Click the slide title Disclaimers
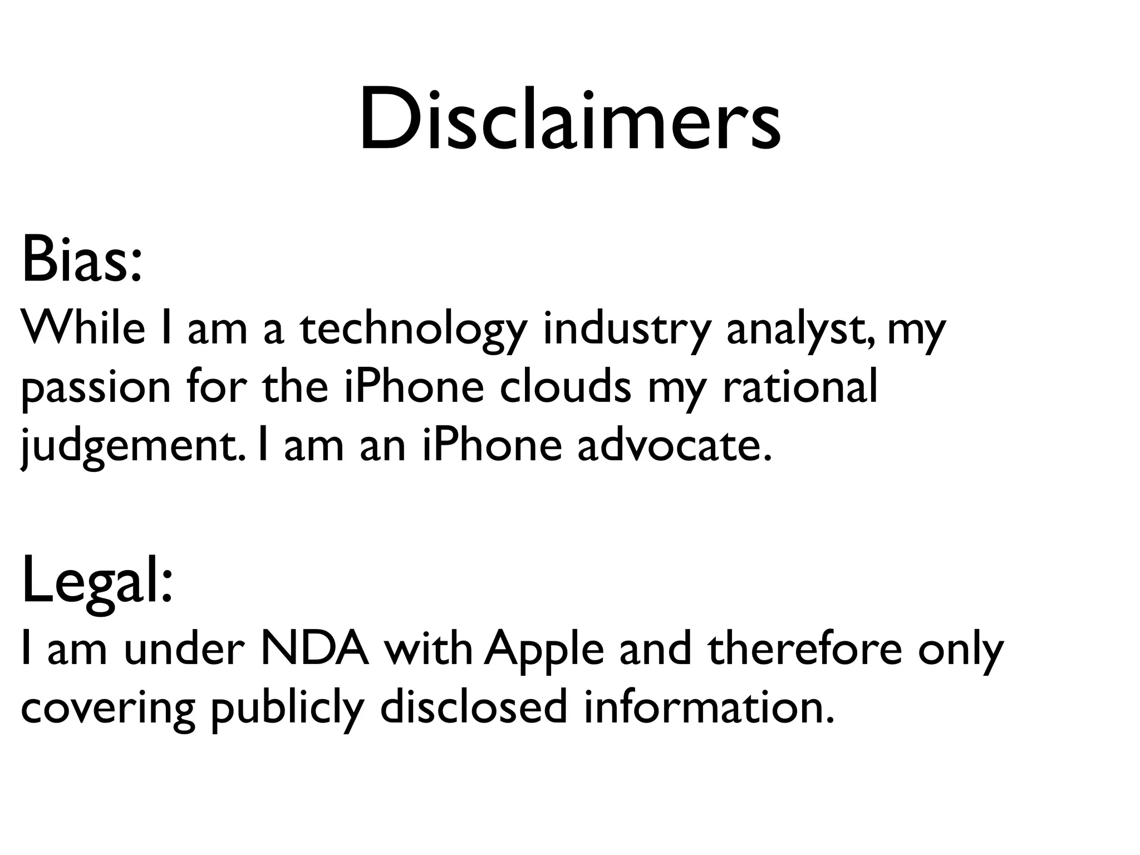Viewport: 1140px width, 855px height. point(570,120)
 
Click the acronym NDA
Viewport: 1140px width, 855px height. point(315,649)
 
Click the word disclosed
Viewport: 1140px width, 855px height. point(473,707)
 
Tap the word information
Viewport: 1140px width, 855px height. point(709,707)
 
